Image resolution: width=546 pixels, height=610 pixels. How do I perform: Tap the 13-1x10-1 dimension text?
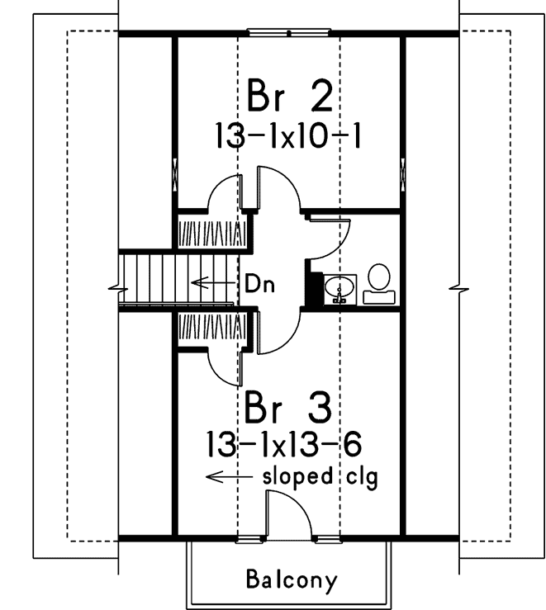(x=289, y=135)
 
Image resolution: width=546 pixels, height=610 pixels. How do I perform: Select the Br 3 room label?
(x=288, y=409)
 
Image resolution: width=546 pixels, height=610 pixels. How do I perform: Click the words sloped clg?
(x=320, y=477)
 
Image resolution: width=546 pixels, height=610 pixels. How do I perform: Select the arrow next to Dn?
(x=213, y=283)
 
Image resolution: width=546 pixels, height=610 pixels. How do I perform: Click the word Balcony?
(x=292, y=579)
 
